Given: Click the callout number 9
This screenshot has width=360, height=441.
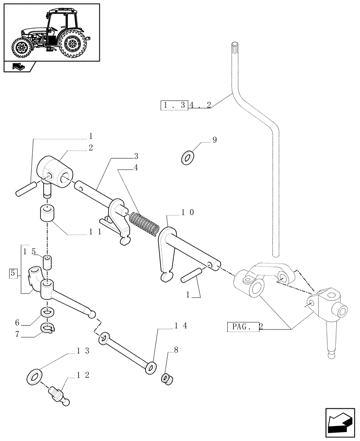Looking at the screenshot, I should point(214,140).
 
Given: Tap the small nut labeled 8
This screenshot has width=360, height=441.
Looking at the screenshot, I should point(167,378).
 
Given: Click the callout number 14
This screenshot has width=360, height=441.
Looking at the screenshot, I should point(181,326).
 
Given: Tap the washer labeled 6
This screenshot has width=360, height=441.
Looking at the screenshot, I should point(47,312).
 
